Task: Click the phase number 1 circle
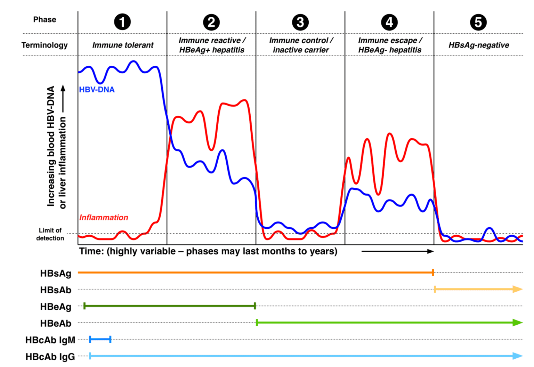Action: click(x=122, y=22)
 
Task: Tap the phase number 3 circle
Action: click(x=300, y=22)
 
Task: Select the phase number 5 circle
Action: click(x=478, y=22)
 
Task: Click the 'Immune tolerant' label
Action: click(x=123, y=45)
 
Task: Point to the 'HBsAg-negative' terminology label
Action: click(x=479, y=45)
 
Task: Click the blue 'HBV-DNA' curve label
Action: click(x=97, y=90)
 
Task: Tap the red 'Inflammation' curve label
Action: click(x=104, y=218)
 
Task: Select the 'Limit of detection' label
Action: click(x=50, y=234)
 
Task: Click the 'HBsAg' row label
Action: click(x=56, y=274)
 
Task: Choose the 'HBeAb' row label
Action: click(x=56, y=324)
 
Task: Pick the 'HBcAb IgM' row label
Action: click(x=50, y=340)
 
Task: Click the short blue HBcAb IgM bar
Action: click(x=100, y=340)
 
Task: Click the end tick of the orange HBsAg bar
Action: click(x=433, y=272)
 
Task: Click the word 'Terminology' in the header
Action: click(x=44, y=45)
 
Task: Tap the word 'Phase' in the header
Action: click(x=44, y=20)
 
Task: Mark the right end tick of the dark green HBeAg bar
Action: click(x=255, y=306)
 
